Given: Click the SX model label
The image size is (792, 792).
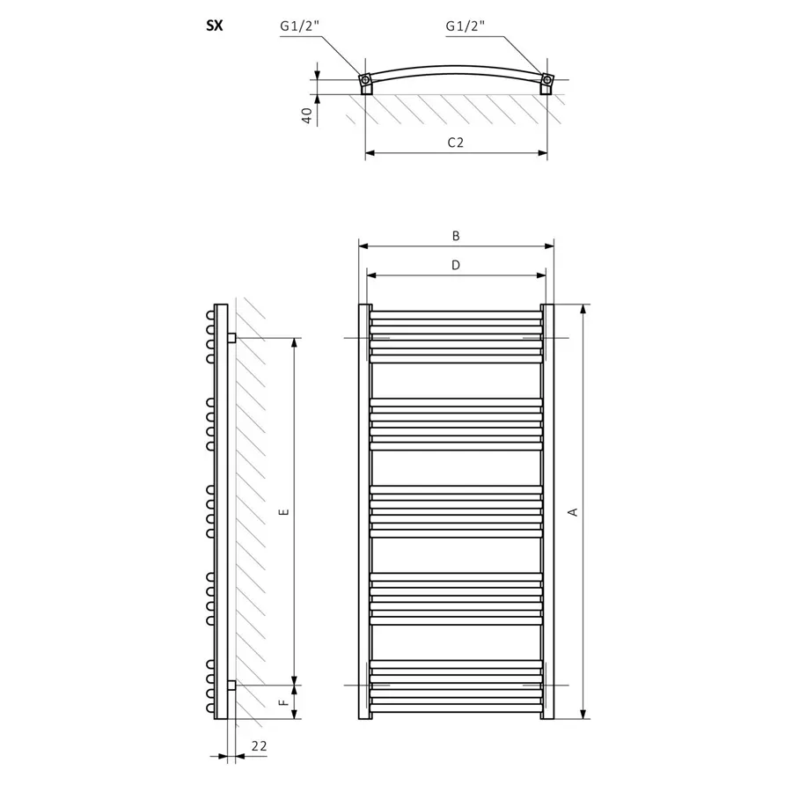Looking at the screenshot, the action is pos(214,26).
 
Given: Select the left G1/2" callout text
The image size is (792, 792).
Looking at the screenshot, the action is pos(299,26).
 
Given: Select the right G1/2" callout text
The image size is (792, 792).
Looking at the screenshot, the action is pos(465,26).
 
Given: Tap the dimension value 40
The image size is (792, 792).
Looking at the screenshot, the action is pos(306,115).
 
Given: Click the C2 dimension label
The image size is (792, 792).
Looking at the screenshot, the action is pos(456,143).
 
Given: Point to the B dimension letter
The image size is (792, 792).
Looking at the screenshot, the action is pos(456,236).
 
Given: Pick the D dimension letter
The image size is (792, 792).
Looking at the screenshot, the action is pos(456,265).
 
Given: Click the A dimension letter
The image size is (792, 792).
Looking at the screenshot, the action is pos(572,511).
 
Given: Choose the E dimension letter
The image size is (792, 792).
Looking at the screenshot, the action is pos(284,511).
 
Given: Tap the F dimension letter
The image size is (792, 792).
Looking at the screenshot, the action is pos(284,702).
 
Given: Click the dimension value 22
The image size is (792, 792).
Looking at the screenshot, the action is pos(259,745).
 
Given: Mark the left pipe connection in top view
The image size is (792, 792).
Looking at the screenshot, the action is pos(365,80).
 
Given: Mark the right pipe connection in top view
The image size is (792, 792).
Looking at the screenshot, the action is pos(547,80).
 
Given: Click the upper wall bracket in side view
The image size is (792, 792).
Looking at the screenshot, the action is pos(231,338).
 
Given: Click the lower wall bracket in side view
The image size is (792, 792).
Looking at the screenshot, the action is pos(231,686).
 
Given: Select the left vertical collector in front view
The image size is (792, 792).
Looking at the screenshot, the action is pos(365,511).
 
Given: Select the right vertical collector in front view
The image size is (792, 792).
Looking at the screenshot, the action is pos(547,511).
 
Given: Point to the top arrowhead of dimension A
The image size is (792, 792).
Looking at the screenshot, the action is pos(583,310).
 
